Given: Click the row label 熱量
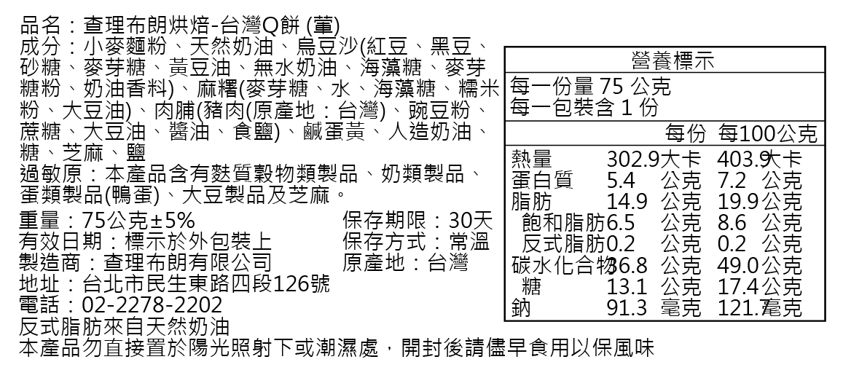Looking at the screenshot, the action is click(532, 159).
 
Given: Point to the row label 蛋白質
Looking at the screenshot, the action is click(542, 181).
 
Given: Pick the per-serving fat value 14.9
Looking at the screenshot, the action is click(627, 202).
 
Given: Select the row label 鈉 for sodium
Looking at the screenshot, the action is click(521, 308).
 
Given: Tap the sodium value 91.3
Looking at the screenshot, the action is click(627, 308).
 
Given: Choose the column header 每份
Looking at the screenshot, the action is click(686, 133).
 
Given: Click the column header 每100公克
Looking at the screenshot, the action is click(767, 133).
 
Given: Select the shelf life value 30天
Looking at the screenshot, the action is click(471, 220).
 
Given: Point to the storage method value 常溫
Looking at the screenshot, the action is click(469, 241).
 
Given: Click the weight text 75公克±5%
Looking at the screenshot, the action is click(138, 220).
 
